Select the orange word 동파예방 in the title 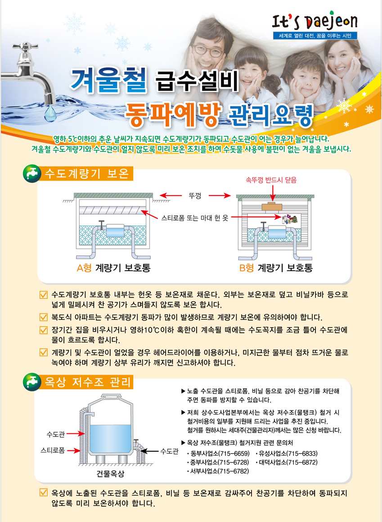point(172,114)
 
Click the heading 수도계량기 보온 point(87,173)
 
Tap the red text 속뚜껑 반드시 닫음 point(271,180)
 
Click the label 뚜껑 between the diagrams point(195,195)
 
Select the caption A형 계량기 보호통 point(114,268)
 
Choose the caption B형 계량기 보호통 point(276,268)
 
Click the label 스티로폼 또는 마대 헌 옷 point(195,218)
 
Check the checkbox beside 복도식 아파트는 point(44,317)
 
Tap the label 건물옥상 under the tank point(110,473)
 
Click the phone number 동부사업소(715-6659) point(218,454)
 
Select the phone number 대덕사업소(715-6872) point(287,462)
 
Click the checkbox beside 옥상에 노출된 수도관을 point(44,492)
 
